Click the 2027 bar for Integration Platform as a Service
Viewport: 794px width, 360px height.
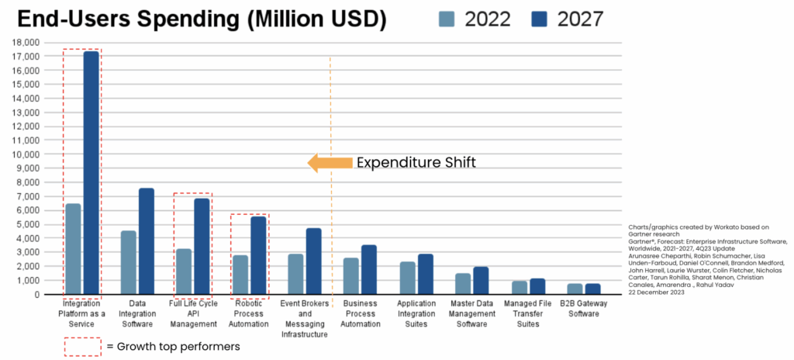91,172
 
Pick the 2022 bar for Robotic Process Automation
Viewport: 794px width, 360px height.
240,275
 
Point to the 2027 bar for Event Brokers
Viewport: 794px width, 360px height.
313,261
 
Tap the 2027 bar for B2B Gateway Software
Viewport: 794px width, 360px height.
592,289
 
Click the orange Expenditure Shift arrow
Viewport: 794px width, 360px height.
329,163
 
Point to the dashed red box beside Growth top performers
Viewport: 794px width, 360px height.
81,345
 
